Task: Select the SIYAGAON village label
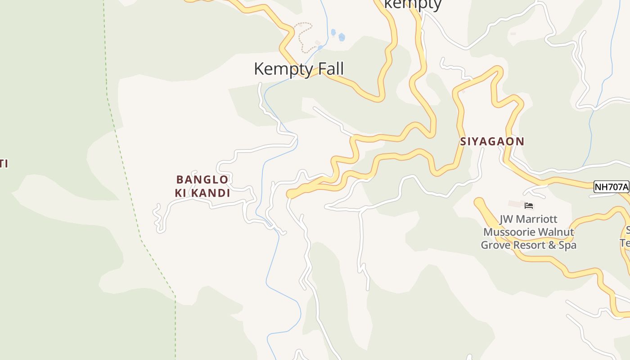[492, 141]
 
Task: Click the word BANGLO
[202, 180]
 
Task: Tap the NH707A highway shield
[611, 187]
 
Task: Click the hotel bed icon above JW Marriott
[529, 206]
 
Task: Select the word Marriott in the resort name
[536, 219]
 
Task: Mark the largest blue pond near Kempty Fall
[342, 37]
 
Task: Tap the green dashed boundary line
[126, 180]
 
